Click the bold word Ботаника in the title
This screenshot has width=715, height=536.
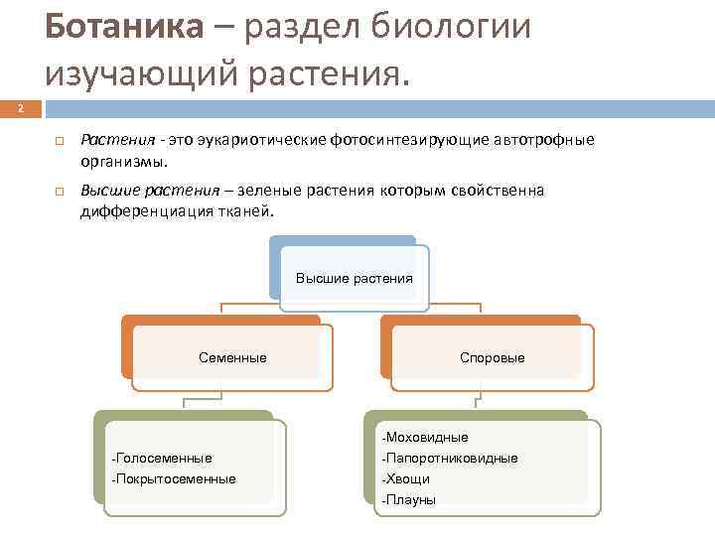click(x=122, y=27)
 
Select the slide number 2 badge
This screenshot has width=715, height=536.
click(x=21, y=109)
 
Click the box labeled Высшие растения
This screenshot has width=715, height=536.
click(x=354, y=278)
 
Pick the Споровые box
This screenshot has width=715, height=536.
click(x=493, y=357)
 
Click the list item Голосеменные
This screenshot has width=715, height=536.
click(x=165, y=459)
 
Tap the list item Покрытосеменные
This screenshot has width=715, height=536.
click(x=177, y=479)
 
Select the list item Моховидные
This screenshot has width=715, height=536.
click(x=427, y=437)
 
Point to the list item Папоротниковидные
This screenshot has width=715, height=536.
click(x=451, y=459)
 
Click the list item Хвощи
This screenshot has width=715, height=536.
click(x=408, y=479)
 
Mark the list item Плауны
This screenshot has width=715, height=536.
click(x=411, y=500)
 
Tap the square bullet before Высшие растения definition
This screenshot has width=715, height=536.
click(x=60, y=191)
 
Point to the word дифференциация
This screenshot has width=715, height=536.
click(x=138, y=210)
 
